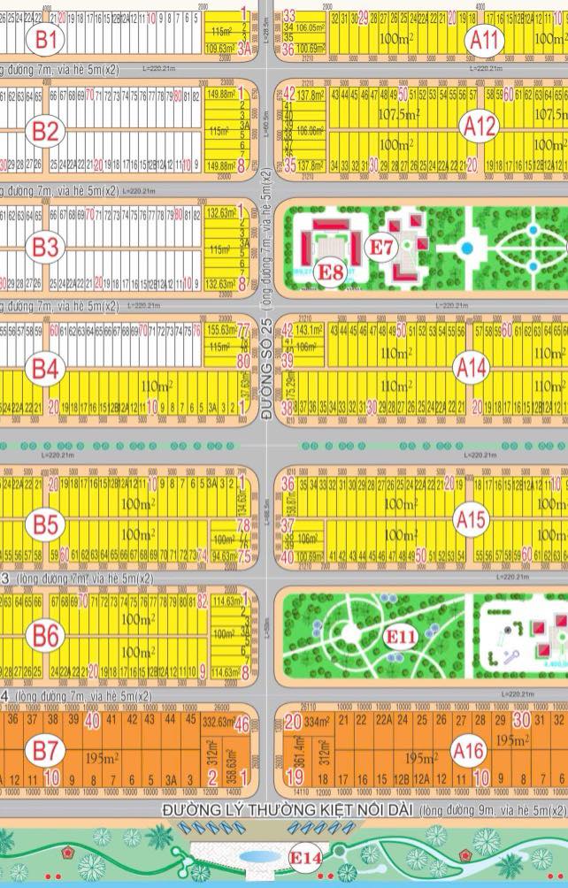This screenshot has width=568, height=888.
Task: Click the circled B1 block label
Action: point(46,38)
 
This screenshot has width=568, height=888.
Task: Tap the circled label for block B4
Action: point(46,368)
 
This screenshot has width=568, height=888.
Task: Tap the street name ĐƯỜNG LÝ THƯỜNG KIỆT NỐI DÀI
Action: point(288,810)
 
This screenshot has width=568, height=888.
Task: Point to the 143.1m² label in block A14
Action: point(310,329)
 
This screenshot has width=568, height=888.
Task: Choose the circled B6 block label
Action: point(46,634)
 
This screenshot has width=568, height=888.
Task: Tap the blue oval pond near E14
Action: point(255,858)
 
